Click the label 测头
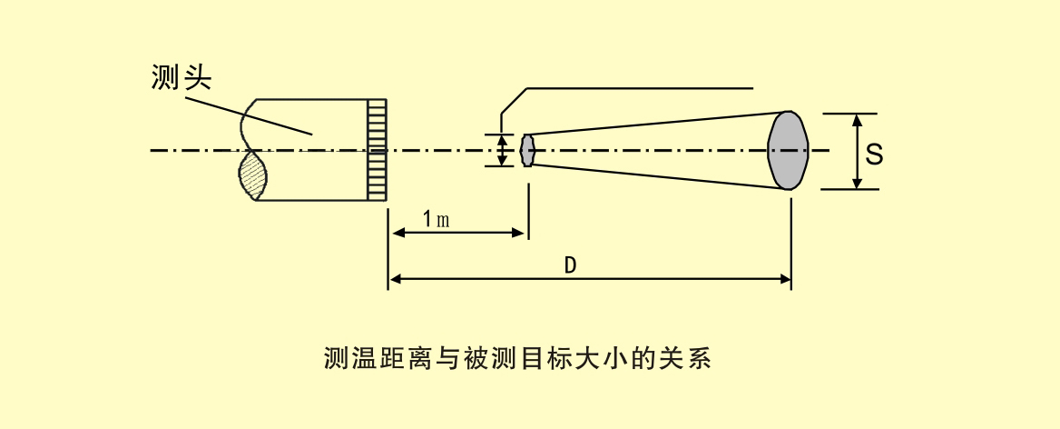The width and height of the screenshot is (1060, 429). click(181, 78)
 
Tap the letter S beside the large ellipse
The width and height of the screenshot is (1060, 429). click(874, 154)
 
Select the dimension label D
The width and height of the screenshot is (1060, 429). click(570, 264)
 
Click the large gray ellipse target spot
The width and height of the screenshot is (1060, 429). click(787, 151)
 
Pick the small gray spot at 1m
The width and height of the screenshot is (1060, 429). click(527, 150)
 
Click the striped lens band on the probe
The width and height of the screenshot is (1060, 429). click(377, 149)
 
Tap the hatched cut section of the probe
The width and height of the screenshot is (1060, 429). click(253, 175)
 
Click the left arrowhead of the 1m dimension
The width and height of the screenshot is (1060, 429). click(395, 233)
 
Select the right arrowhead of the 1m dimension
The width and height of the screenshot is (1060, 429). click(521, 233)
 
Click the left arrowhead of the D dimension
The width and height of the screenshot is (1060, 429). click(395, 278)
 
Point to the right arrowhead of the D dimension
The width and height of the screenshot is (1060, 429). click(785, 278)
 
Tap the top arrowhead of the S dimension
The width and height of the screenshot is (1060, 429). click(856, 119)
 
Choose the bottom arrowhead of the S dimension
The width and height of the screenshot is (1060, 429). click(856, 184)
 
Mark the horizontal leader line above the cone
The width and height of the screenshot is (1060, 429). click(640, 88)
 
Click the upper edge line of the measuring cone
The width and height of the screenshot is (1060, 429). click(653, 124)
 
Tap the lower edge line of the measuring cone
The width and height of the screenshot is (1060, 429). click(653, 176)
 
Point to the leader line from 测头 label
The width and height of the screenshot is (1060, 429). click(254, 114)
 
